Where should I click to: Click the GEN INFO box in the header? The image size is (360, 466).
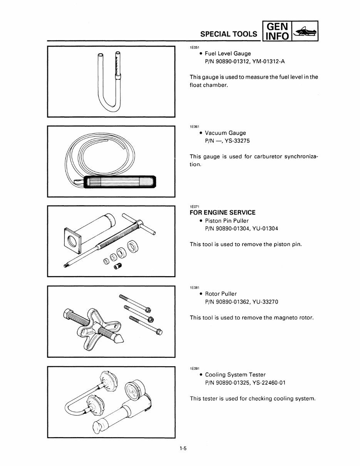pyautogui.click(x=277, y=31)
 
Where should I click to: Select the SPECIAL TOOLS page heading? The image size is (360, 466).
pyautogui.click(x=229, y=34)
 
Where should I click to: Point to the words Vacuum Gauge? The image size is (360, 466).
pyautogui.click(x=225, y=133)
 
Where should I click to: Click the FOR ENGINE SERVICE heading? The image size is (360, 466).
pyautogui.click(x=222, y=213)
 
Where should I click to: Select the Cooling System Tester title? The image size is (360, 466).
pyautogui.click(x=235, y=374)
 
